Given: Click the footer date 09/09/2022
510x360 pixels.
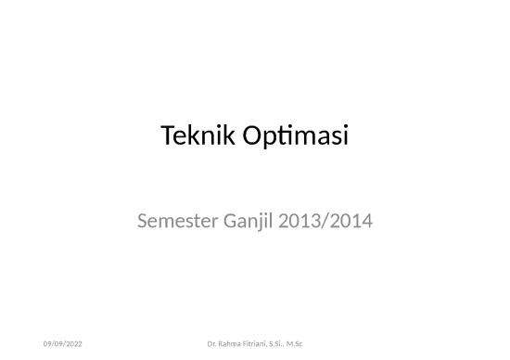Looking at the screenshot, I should coord(62,346).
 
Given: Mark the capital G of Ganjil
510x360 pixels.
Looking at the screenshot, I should coord(224,222).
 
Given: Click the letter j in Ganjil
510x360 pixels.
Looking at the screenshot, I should coord(261,224).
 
